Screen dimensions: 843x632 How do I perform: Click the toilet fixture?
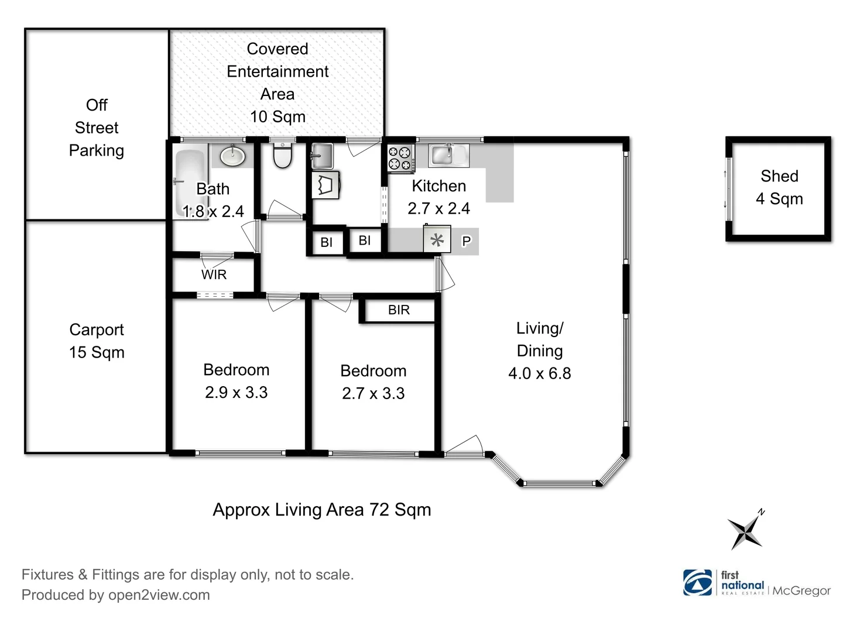point(282,156)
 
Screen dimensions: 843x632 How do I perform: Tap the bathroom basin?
point(232,156)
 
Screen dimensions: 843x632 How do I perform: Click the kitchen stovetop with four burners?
point(401,158)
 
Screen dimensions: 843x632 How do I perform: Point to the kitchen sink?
point(448,155)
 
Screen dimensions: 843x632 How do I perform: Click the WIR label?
point(214,274)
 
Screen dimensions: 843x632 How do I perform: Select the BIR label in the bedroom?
point(399,310)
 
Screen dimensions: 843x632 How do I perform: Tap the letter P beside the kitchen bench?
point(466,241)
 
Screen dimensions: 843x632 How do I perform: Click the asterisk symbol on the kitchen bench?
point(437,241)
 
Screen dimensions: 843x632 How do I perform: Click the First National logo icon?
point(697,582)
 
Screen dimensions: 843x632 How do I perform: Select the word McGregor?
point(801,590)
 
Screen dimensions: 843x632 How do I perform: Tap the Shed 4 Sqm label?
point(779,187)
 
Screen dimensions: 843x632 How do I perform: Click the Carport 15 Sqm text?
point(97,341)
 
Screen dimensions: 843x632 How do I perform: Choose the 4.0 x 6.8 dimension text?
point(540,373)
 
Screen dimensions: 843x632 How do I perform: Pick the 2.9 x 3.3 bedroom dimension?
point(236,392)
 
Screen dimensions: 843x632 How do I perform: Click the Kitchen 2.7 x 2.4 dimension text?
point(438,208)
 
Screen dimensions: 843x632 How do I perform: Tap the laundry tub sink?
point(322,156)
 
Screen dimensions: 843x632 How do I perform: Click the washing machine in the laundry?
point(325,185)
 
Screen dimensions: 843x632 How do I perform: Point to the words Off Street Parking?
point(97,128)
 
